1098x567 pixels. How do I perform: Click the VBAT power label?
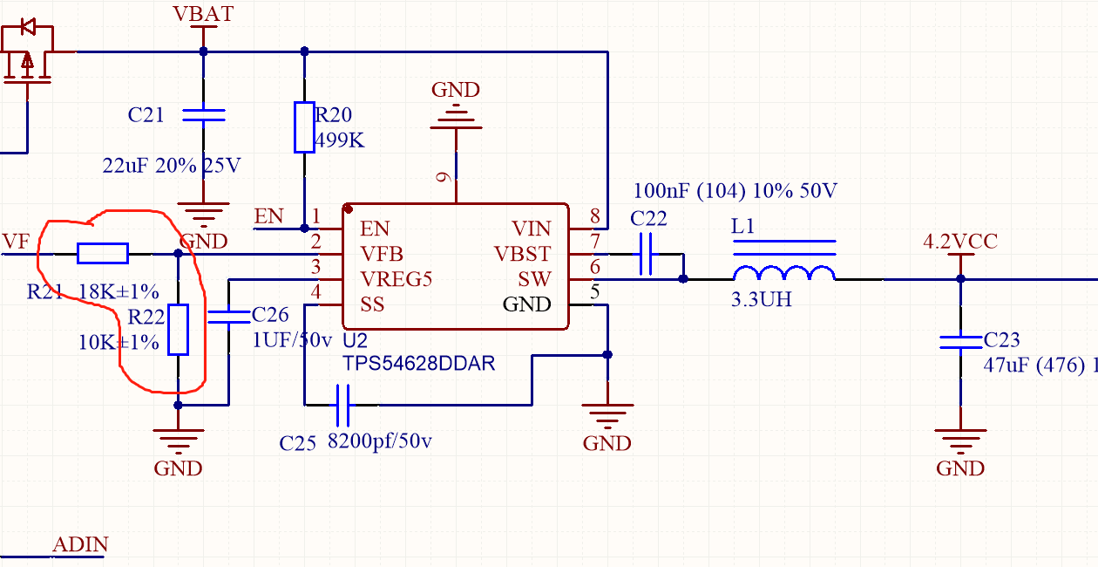(x=203, y=14)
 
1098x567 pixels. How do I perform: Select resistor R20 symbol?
(x=304, y=127)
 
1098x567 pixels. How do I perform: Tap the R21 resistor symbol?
(x=103, y=254)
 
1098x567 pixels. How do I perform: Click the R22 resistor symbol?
(x=178, y=330)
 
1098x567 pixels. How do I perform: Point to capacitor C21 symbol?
(x=203, y=114)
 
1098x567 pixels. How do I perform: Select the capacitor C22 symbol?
(x=645, y=254)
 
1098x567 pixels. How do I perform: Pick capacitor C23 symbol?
(x=960, y=341)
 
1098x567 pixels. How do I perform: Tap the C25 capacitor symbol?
(x=342, y=405)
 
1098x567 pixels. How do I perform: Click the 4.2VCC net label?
(x=960, y=242)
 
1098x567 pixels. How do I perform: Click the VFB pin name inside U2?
(x=382, y=254)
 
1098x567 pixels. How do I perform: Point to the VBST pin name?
(x=522, y=254)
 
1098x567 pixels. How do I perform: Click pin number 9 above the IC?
(x=444, y=177)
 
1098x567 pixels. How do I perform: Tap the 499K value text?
(x=340, y=140)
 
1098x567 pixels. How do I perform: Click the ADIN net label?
(x=80, y=545)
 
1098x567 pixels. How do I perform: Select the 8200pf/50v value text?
(x=379, y=441)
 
